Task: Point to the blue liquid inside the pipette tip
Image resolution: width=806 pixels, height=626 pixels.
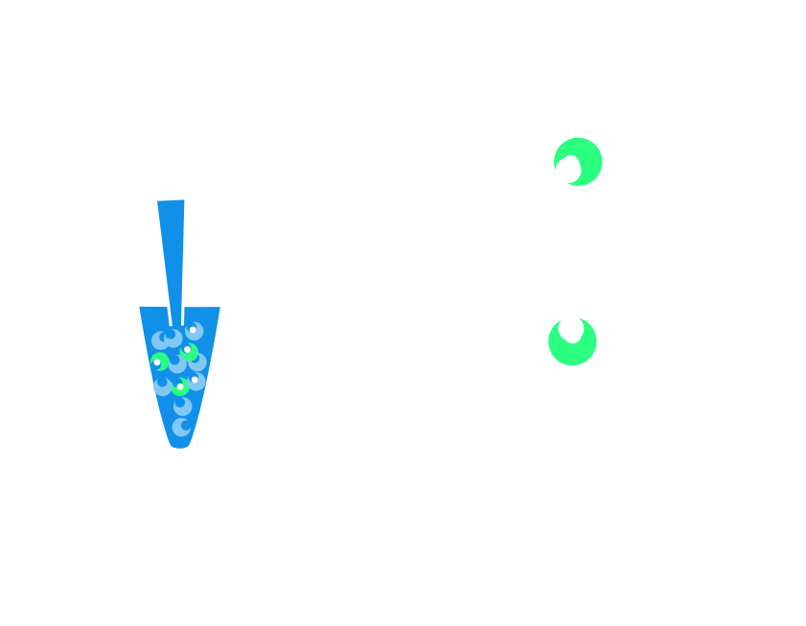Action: pyautogui.click(x=172, y=249)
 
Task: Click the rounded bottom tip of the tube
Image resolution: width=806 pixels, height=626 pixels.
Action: pyautogui.click(x=180, y=444)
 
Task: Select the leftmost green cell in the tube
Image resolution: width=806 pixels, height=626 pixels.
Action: pyautogui.click(x=159, y=362)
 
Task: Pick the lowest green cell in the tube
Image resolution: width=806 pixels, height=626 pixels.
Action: pyautogui.click(x=180, y=387)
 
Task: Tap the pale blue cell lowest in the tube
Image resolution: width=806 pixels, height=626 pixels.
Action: pyautogui.click(x=181, y=427)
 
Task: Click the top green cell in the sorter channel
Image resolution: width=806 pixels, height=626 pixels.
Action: pyautogui.click(x=579, y=161)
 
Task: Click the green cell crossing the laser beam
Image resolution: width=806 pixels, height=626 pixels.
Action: pyautogui.click(x=572, y=340)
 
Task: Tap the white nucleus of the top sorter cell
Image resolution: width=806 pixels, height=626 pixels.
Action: pyautogui.click(x=570, y=165)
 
